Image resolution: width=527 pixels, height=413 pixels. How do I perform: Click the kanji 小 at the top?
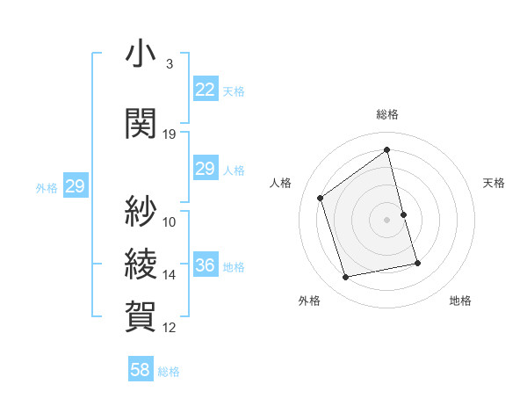pos(140,54)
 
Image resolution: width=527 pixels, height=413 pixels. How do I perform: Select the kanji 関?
pos(140,123)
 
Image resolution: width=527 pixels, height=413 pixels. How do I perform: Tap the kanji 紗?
pos(140,210)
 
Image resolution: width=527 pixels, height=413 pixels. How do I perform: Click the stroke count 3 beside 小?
pos(169,64)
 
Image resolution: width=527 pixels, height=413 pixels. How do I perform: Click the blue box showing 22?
pos(205,90)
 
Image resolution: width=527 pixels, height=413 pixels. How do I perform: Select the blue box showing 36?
pos(205,265)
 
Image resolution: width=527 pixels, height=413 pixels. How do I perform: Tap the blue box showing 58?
pos(141,370)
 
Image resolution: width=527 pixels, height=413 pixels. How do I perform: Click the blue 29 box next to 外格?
pos(75,186)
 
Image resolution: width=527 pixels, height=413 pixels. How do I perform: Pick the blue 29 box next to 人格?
pos(205,169)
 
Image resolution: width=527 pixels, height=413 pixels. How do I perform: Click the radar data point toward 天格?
pos(404,214)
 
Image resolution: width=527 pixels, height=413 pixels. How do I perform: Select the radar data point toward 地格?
pos(417,263)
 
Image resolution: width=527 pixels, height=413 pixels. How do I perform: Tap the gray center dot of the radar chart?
pos(387,220)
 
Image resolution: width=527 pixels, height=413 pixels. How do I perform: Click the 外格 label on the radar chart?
pos(309,301)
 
